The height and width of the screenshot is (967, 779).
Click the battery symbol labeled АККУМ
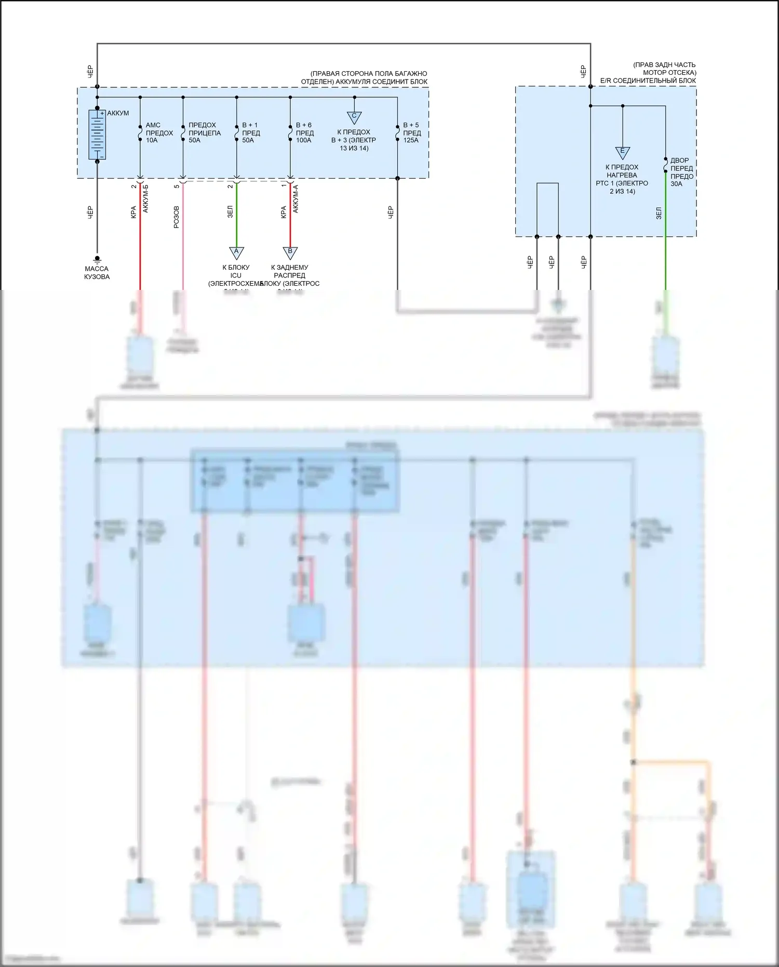(97, 135)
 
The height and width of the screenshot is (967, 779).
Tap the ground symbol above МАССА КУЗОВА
(97, 259)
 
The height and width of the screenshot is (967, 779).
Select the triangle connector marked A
(236, 253)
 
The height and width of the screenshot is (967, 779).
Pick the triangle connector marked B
(290, 253)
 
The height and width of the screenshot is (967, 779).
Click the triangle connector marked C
(354, 117)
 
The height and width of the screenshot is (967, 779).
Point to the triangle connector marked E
(622, 152)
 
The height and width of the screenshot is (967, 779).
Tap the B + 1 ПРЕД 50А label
(251, 133)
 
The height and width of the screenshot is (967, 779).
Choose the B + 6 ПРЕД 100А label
(304, 133)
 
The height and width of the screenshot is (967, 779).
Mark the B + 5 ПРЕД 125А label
(412, 133)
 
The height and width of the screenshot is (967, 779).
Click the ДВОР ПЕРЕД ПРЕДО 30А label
(681, 172)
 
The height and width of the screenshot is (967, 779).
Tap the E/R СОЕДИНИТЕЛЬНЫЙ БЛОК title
(648, 81)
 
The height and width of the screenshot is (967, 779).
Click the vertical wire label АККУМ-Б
(145, 198)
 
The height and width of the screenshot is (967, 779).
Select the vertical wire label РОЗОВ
(176, 217)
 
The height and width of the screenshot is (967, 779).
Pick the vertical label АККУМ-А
(296, 198)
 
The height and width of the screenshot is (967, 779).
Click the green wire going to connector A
(236, 213)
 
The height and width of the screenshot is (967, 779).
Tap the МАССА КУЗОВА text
(97, 273)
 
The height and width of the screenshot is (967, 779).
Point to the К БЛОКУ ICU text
(236, 271)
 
